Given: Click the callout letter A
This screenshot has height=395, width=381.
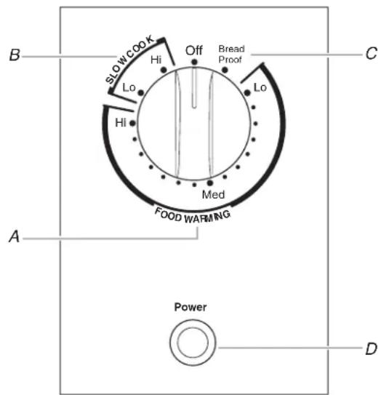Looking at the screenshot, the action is click(15, 236).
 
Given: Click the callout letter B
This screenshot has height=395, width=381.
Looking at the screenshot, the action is click(15, 55).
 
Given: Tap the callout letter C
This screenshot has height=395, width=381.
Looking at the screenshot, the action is click(371, 53).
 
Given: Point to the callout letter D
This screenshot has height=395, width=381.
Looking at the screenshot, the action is click(371, 348).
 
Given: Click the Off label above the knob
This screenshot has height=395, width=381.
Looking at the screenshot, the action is click(193, 50).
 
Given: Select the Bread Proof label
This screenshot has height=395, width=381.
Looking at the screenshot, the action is click(231, 54).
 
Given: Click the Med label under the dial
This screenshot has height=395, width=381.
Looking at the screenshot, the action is click(213, 195).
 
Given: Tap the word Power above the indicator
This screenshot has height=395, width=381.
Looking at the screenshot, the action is click(190, 307).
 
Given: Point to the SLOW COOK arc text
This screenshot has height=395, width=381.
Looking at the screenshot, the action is click(129, 58).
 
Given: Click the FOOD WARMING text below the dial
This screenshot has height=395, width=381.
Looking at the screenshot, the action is click(193, 216).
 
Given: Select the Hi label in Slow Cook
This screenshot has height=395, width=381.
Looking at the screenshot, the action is click(156, 60).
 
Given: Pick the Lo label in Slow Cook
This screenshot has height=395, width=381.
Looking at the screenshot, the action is click(129, 88).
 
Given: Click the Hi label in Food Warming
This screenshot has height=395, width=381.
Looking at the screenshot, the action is click(121, 123).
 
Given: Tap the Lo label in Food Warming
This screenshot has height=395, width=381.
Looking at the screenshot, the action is click(260, 88).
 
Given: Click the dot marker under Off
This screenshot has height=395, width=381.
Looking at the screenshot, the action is click(194, 62).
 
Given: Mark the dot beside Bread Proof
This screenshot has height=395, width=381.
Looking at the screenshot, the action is click(225, 70).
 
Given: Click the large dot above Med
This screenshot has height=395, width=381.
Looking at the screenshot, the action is click(209, 183).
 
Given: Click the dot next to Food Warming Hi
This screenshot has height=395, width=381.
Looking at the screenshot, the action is click(132, 123).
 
